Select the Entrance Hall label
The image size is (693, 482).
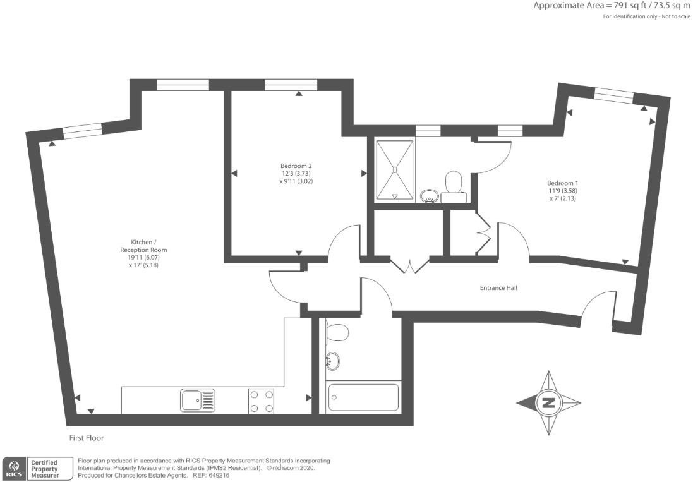click(498, 288)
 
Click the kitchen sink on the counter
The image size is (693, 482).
click(198, 401)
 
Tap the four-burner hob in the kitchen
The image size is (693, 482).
click(261, 401)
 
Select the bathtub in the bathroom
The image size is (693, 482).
click(364, 397)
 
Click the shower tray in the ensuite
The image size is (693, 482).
click(394, 171)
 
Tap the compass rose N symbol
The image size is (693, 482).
click(548, 403)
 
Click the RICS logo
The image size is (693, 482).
click(15, 468)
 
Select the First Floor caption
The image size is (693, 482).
click(87, 438)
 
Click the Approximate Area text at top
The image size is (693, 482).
click(612, 6)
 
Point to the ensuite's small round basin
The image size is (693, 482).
click(429, 196)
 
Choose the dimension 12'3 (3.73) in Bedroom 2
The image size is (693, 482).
click(296, 174)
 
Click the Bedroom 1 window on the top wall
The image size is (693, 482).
click(614, 95)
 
